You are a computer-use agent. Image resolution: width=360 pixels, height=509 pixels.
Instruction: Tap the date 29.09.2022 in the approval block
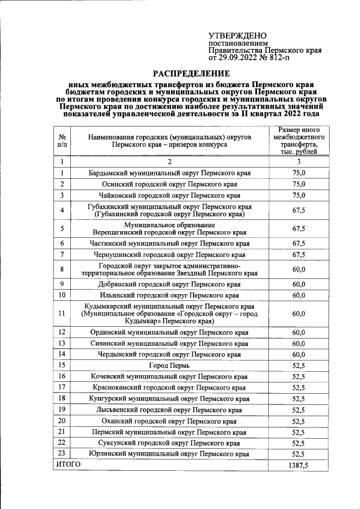[239, 57]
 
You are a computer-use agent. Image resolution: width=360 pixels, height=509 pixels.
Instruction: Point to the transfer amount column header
[299, 141]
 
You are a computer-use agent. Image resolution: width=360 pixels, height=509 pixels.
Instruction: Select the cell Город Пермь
[169, 366]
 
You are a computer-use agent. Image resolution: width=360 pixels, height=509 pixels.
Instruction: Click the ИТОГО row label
[68, 465]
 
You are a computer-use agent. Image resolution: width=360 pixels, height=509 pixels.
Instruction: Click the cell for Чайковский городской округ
[169, 196]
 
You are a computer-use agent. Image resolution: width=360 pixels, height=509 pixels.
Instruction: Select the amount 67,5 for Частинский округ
[299, 243]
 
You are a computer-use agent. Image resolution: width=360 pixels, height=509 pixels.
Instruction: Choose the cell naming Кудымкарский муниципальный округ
[169, 313]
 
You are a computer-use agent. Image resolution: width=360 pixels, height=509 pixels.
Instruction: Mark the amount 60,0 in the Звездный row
[299, 269]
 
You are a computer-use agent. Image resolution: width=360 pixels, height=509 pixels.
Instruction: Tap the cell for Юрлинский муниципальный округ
[169, 453]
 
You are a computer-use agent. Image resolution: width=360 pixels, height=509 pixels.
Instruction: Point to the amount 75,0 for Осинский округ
[299, 184]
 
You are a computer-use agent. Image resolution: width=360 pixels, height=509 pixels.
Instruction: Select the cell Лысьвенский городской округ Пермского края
[169, 410]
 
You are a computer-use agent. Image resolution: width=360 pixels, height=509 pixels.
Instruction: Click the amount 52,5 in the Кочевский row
[299, 376]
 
